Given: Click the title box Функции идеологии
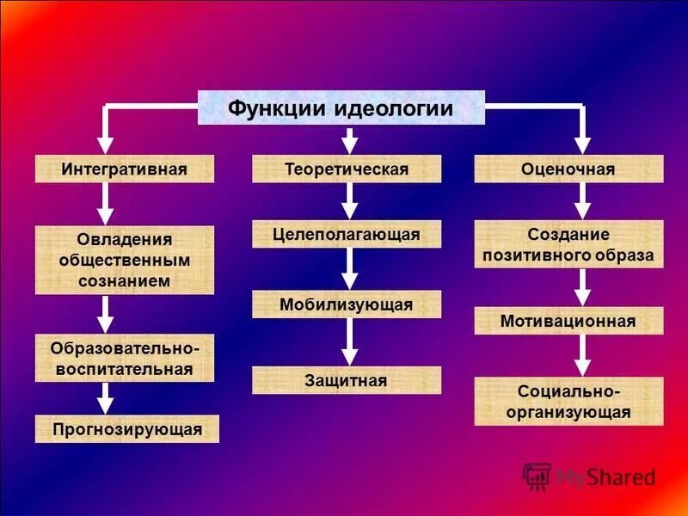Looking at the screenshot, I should pyautogui.click(x=341, y=107).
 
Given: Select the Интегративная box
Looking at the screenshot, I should pyautogui.click(x=124, y=169).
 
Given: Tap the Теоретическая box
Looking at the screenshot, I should pyautogui.click(x=347, y=169).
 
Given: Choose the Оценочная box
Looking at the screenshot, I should pyautogui.click(x=568, y=169).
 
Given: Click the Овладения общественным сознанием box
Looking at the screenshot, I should pyautogui.click(x=124, y=260).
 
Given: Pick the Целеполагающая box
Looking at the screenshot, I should pyautogui.click(x=347, y=234).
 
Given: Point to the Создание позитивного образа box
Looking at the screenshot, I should pyautogui.click(x=568, y=244).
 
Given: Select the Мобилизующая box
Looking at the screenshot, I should pyautogui.click(x=347, y=304).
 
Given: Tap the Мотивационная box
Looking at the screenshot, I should pyautogui.click(x=568, y=321).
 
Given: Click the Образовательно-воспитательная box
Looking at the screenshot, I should pyautogui.click(x=124, y=358).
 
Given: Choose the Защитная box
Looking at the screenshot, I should pyautogui.click(x=347, y=380).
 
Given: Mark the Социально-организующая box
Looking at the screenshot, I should pyautogui.click(x=568, y=401).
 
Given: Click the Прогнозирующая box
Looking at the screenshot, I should pyautogui.click(x=127, y=428).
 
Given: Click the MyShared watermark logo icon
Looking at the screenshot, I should pyautogui.click(x=537, y=476).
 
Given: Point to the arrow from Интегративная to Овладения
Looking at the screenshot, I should pyautogui.click(x=106, y=204).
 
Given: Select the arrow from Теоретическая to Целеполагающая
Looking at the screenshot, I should pyautogui.click(x=348, y=201).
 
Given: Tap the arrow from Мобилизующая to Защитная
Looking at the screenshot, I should pyautogui.click(x=348, y=342).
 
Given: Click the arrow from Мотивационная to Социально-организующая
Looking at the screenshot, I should pyautogui.click(x=583, y=354).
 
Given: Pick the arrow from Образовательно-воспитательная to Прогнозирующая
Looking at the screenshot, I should pyautogui.click(x=106, y=398).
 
